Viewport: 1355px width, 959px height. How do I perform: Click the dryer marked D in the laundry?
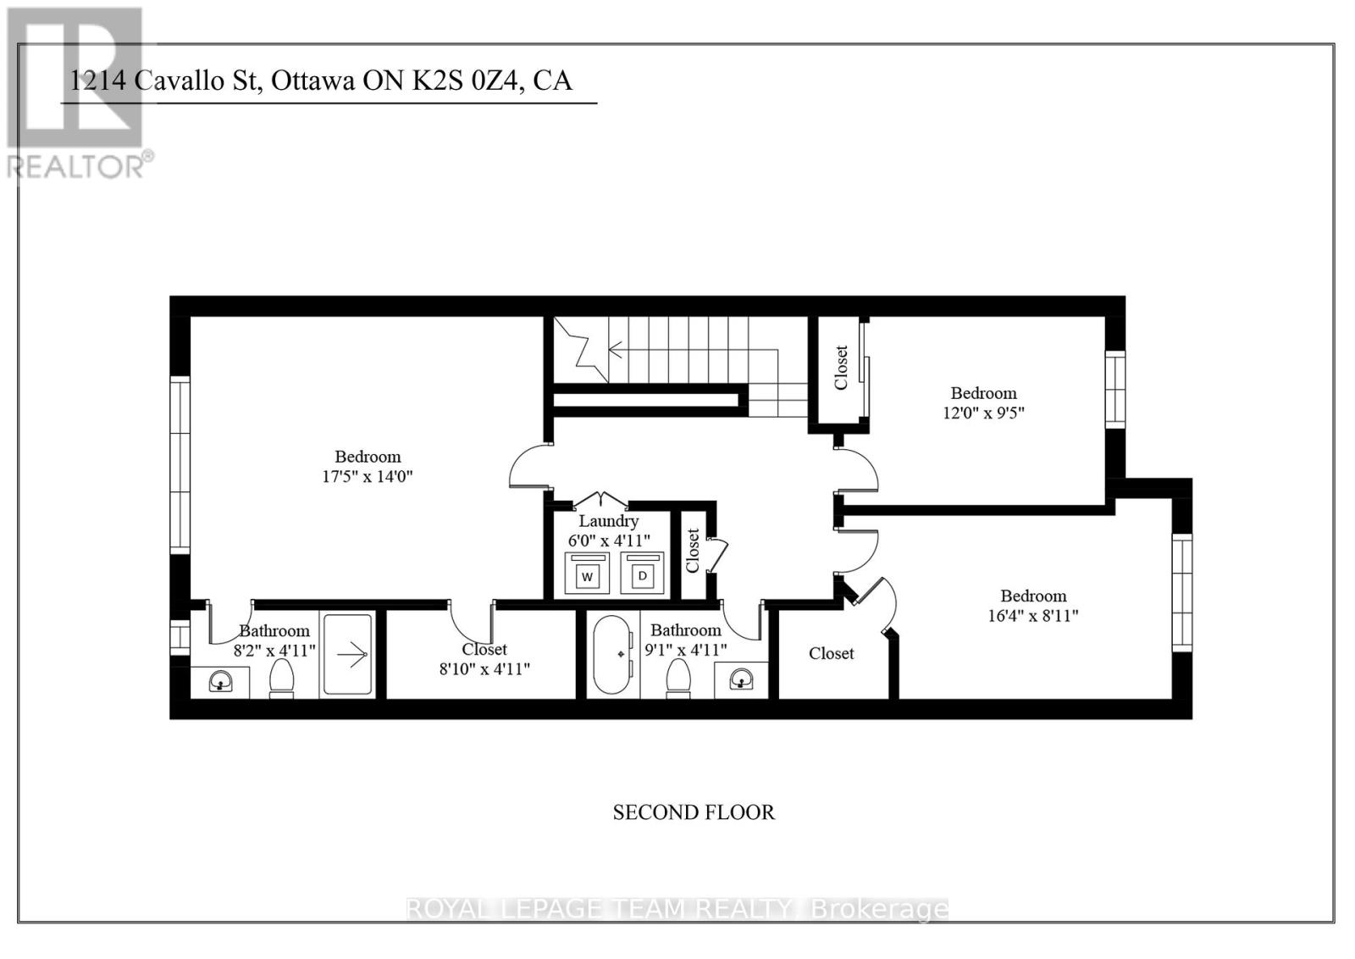(x=643, y=574)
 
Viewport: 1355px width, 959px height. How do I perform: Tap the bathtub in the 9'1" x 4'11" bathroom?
(x=612, y=655)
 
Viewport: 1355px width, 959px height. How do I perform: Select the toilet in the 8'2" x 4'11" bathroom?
(x=281, y=678)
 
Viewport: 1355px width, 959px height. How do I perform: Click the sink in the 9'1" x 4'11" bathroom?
(x=742, y=679)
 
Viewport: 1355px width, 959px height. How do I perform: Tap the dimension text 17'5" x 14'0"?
(x=368, y=477)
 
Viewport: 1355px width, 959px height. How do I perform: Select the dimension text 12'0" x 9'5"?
(x=983, y=413)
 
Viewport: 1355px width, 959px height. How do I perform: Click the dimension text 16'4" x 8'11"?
(x=1033, y=616)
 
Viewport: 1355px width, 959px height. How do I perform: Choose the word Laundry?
(x=608, y=521)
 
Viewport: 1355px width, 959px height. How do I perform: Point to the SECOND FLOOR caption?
(x=694, y=812)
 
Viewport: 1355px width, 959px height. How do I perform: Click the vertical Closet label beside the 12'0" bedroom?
(x=841, y=367)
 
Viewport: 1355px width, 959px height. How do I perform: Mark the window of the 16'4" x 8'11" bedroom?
(x=1182, y=593)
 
